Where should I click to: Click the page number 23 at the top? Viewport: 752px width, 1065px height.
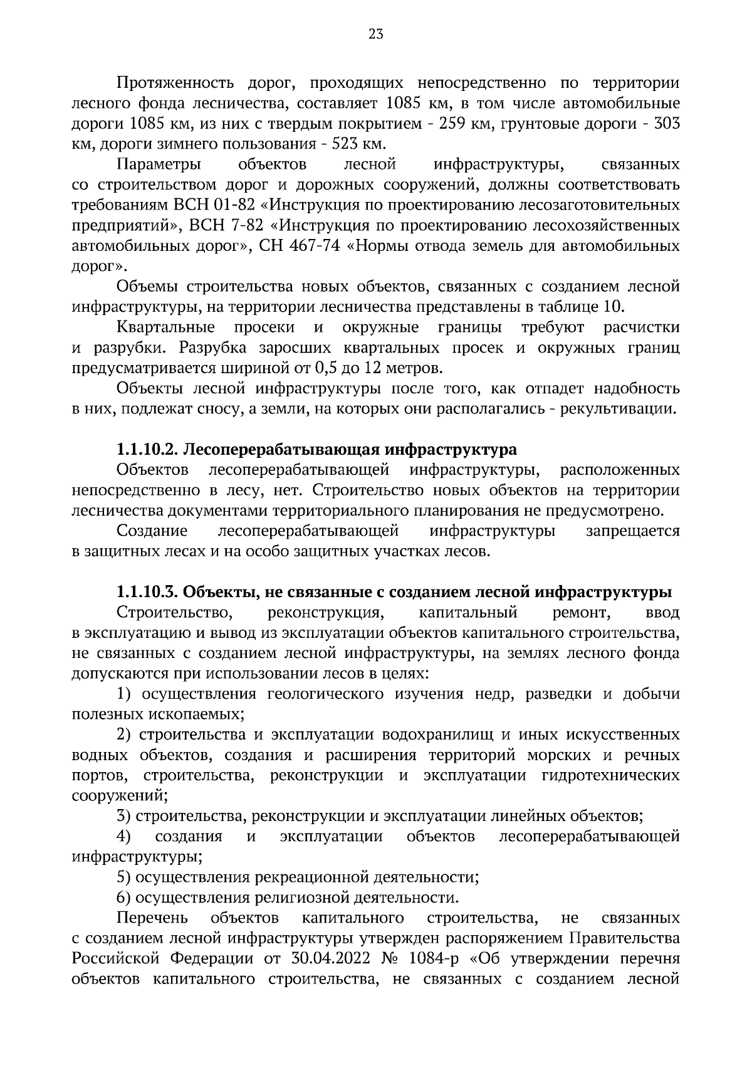coord(376,35)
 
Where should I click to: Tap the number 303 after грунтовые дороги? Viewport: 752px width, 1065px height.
coord(666,124)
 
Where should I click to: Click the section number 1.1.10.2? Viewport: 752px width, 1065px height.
coord(148,450)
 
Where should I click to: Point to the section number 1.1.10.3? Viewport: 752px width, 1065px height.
coord(148,593)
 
